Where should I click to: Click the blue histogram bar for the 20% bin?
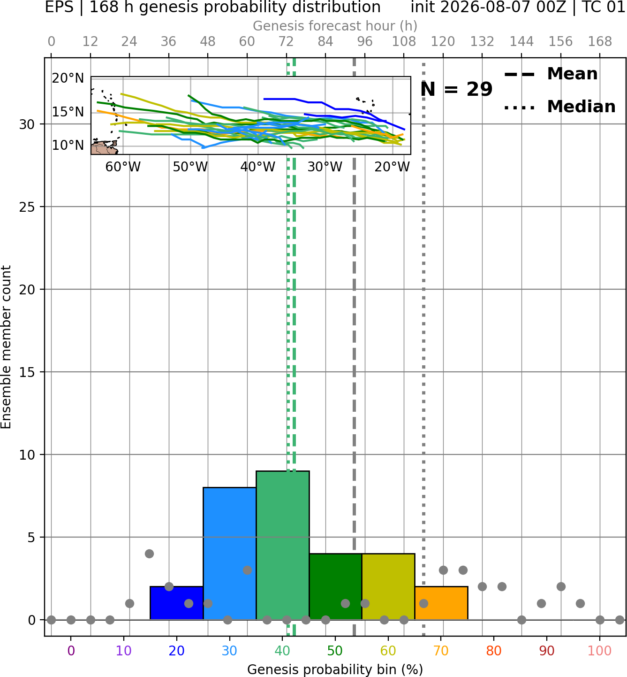click(x=177, y=603)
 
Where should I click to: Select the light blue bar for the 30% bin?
click(x=229, y=553)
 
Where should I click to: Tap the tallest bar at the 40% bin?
click(x=283, y=545)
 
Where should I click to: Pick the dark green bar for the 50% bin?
click(x=335, y=586)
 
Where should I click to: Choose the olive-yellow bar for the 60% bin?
click(x=388, y=586)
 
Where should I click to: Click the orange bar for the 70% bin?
click(x=441, y=603)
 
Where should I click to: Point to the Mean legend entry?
click(x=551, y=74)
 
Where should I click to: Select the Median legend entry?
click(x=559, y=107)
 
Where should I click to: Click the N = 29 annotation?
click(x=456, y=89)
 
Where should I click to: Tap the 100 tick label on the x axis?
click(x=600, y=651)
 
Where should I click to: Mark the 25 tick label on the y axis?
click(x=27, y=207)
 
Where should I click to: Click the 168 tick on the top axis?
click(x=600, y=42)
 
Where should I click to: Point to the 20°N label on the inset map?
click(x=68, y=78)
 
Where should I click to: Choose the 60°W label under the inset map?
click(x=123, y=167)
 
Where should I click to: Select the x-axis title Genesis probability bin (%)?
click(x=335, y=669)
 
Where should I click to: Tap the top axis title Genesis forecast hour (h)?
click(x=335, y=26)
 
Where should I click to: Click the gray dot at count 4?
click(x=149, y=554)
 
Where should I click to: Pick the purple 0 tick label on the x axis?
click(x=71, y=651)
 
